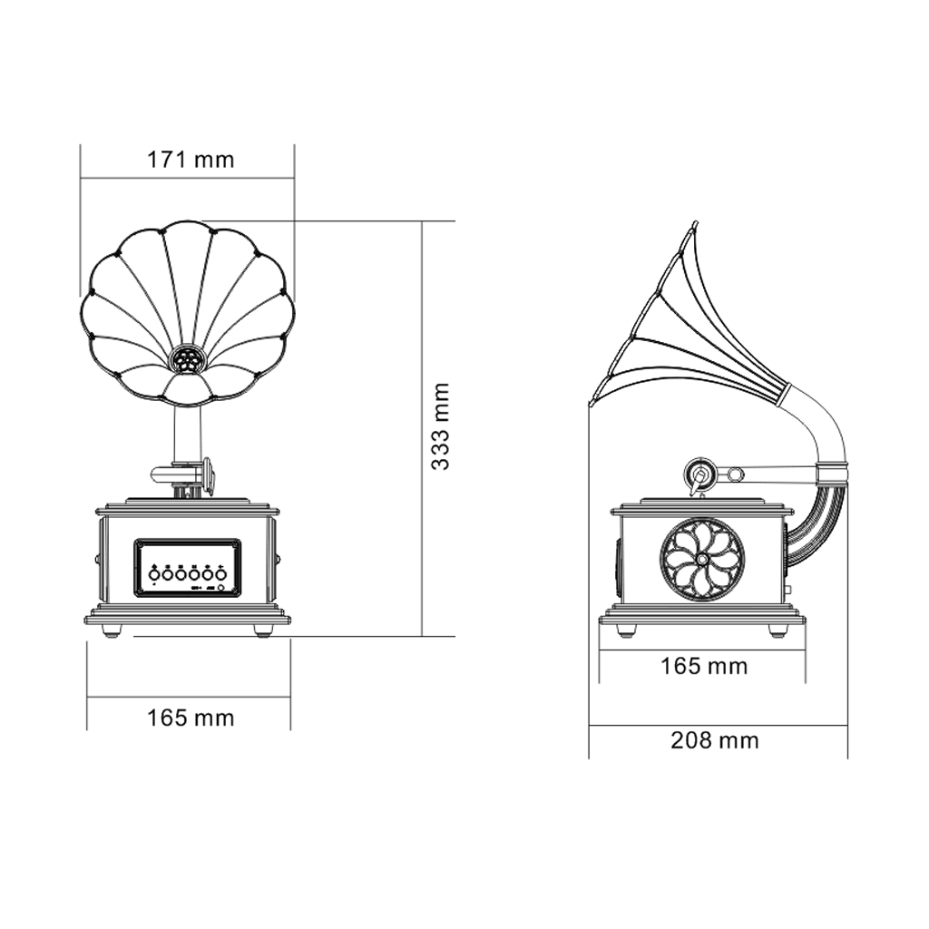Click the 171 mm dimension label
[191, 161]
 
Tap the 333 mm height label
[441, 425]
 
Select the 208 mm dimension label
[715, 740]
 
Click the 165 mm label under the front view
[191, 719]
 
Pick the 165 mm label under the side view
[704, 667]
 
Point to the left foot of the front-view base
[112, 630]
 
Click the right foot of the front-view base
[262, 630]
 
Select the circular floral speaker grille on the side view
[701, 560]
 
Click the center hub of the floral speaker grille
[701, 560]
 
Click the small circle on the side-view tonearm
[737, 474]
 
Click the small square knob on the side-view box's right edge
[787, 591]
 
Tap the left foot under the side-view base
[626, 629]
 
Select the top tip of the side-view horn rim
[695, 223]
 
